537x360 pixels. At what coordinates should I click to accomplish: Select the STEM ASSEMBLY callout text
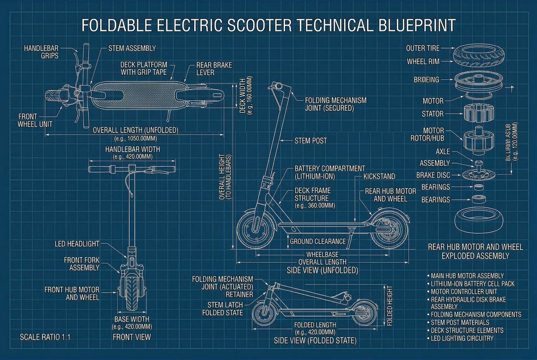click(132, 48)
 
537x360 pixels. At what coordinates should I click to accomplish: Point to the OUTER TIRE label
click(422, 48)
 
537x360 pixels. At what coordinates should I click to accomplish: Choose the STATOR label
click(433, 114)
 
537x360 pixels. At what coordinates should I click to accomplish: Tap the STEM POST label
click(311, 140)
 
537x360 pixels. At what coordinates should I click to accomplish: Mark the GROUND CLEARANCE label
click(318, 241)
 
